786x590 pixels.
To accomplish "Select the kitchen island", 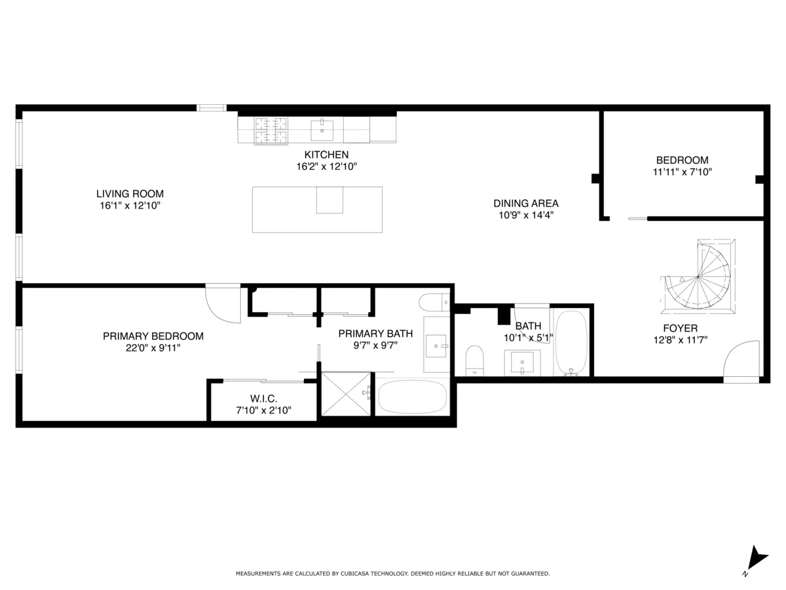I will (317, 209).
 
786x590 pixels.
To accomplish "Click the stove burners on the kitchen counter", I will (271, 129).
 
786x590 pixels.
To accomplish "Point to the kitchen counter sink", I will (322, 130).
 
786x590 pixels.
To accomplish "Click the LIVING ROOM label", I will (130, 194).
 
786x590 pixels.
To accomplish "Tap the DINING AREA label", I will (526, 203).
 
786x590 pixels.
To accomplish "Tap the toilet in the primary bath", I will (433, 302).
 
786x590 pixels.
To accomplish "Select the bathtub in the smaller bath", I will (572, 342).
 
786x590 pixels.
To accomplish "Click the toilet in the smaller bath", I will (474, 361).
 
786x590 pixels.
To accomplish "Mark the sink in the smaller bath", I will (522, 362).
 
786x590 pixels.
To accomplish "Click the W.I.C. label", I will (263, 399).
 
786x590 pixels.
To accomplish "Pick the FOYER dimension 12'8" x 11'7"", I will (680, 340).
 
